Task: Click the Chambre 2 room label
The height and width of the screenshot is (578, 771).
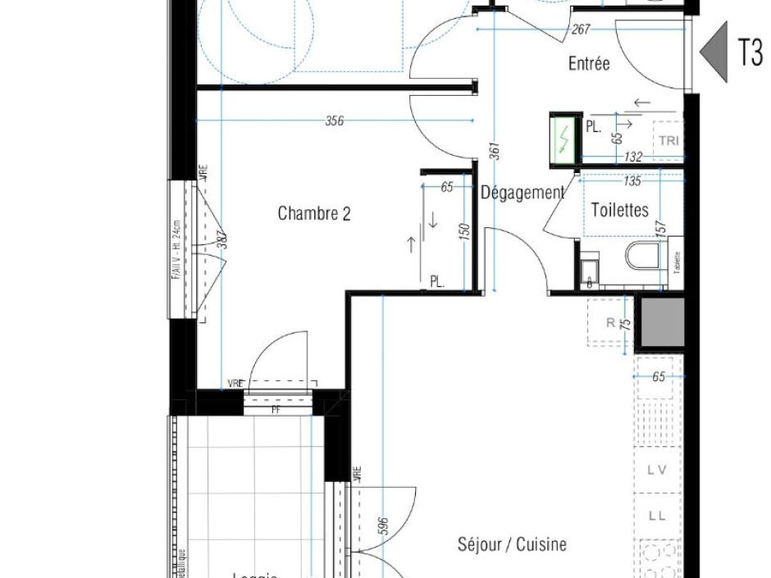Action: [x=314, y=214]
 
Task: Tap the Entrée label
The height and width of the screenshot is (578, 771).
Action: [x=589, y=63]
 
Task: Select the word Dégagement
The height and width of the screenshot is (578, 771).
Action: [x=522, y=193]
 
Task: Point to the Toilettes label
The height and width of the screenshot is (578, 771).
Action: [x=619, y=211]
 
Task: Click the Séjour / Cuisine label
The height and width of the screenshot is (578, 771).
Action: [x=512, y=544]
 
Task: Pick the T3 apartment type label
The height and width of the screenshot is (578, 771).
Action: [x=750, y=52]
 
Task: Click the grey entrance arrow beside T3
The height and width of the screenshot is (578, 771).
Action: [x=714, y=52]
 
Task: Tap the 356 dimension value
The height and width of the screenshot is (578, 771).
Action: [x=334, y=121]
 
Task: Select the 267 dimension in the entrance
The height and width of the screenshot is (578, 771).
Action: [x=581, y=30]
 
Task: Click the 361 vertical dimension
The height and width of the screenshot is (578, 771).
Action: [x=495, y=152]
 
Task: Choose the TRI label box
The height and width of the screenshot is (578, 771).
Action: [x=668, y=140]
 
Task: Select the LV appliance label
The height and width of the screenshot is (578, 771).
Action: [x=656, y=470]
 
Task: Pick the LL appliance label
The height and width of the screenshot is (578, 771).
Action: [x=656, y=516]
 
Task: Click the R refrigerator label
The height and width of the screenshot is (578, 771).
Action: [x=610, y=323]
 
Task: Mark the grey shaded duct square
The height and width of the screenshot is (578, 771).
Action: [x=661, y=322]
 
